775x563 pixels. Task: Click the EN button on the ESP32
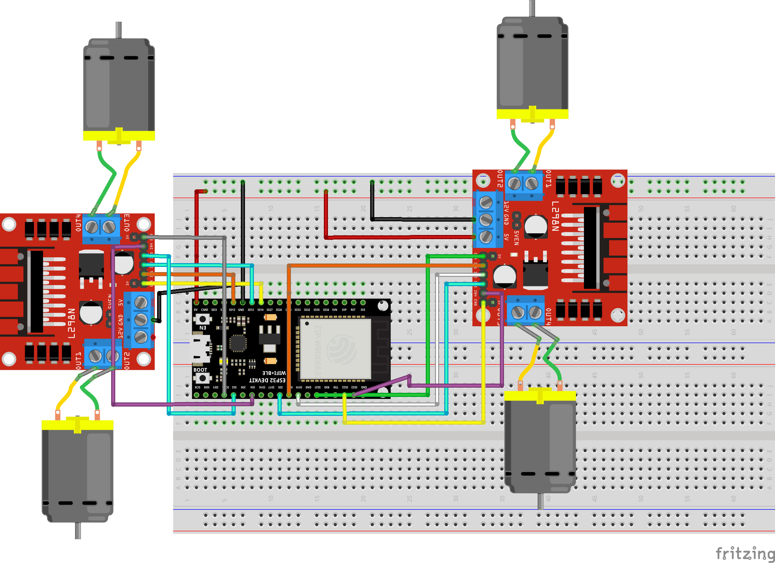pos(202,319)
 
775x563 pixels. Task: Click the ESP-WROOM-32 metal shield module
pos(335,349)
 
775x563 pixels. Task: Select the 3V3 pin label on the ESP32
pos(363,310)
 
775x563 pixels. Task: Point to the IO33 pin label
pos(297,310)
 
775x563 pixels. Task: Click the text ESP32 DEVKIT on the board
pos(267,380)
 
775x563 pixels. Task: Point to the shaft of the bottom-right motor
pos(540,501)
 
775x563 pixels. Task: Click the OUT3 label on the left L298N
pos(127,222)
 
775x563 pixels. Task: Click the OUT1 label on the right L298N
pos(548,178)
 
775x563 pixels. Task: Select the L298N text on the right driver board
pos(555,216)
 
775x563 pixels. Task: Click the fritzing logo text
pos(744,553)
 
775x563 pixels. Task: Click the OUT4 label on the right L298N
pos(548,316)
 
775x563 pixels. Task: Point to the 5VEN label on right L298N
pos(516,237)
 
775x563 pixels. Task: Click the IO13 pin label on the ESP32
pos(232,310)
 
